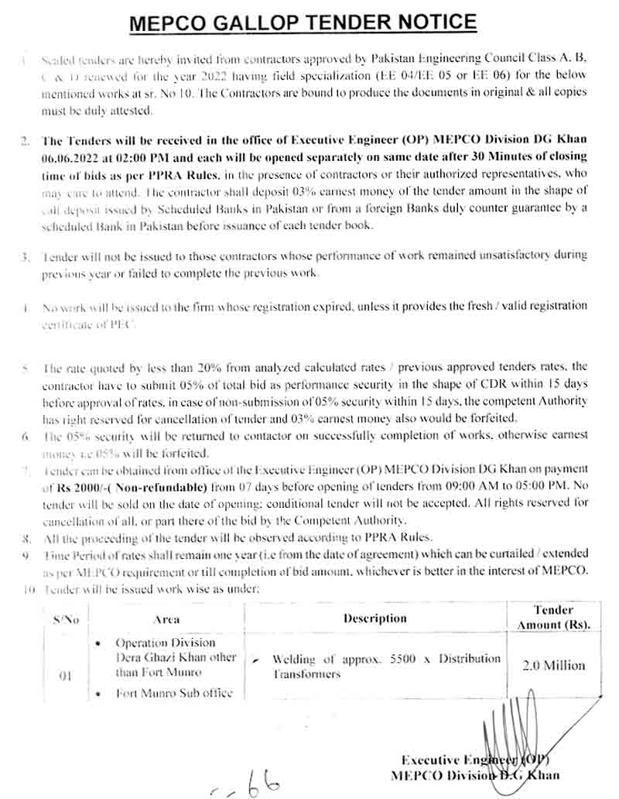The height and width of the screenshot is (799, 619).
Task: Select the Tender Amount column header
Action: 554,617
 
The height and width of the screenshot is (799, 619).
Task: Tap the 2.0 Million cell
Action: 554,665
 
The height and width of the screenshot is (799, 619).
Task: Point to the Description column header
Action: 375,618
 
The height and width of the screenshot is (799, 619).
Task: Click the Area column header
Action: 166,619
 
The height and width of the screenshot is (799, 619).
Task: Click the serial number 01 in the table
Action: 66,675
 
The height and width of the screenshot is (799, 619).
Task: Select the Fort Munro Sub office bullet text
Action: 174,693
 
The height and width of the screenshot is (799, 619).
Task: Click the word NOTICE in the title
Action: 426,22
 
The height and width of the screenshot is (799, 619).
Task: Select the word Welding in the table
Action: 294,659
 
